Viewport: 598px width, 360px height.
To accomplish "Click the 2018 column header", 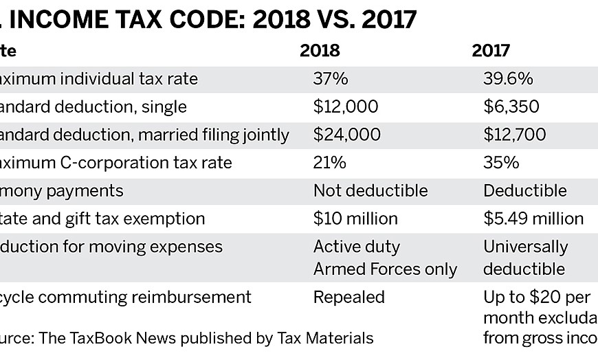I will [320, 51].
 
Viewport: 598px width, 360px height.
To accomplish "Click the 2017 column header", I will [491, 51].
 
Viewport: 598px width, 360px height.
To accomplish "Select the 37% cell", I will [331, 79].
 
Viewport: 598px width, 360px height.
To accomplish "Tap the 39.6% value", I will [508, 79].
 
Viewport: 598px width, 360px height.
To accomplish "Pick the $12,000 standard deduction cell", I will [346, 107].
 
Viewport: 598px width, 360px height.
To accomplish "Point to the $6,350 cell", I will [511, 107].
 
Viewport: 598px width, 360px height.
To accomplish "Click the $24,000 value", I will [346, 135].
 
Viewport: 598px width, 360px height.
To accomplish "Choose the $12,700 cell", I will [515, 135].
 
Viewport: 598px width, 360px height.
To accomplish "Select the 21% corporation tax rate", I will [329, 163].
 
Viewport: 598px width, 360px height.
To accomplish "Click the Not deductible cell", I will [370, 190].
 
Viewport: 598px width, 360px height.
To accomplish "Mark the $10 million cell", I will [355, 218].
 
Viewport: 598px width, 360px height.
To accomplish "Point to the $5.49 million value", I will [533, 218].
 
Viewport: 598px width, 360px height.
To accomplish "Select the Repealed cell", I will [349, 297].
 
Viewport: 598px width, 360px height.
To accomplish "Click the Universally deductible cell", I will [525, 258].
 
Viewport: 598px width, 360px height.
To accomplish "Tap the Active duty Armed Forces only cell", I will [385, 258].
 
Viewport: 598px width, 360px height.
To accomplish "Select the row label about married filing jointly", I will [144, 135].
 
